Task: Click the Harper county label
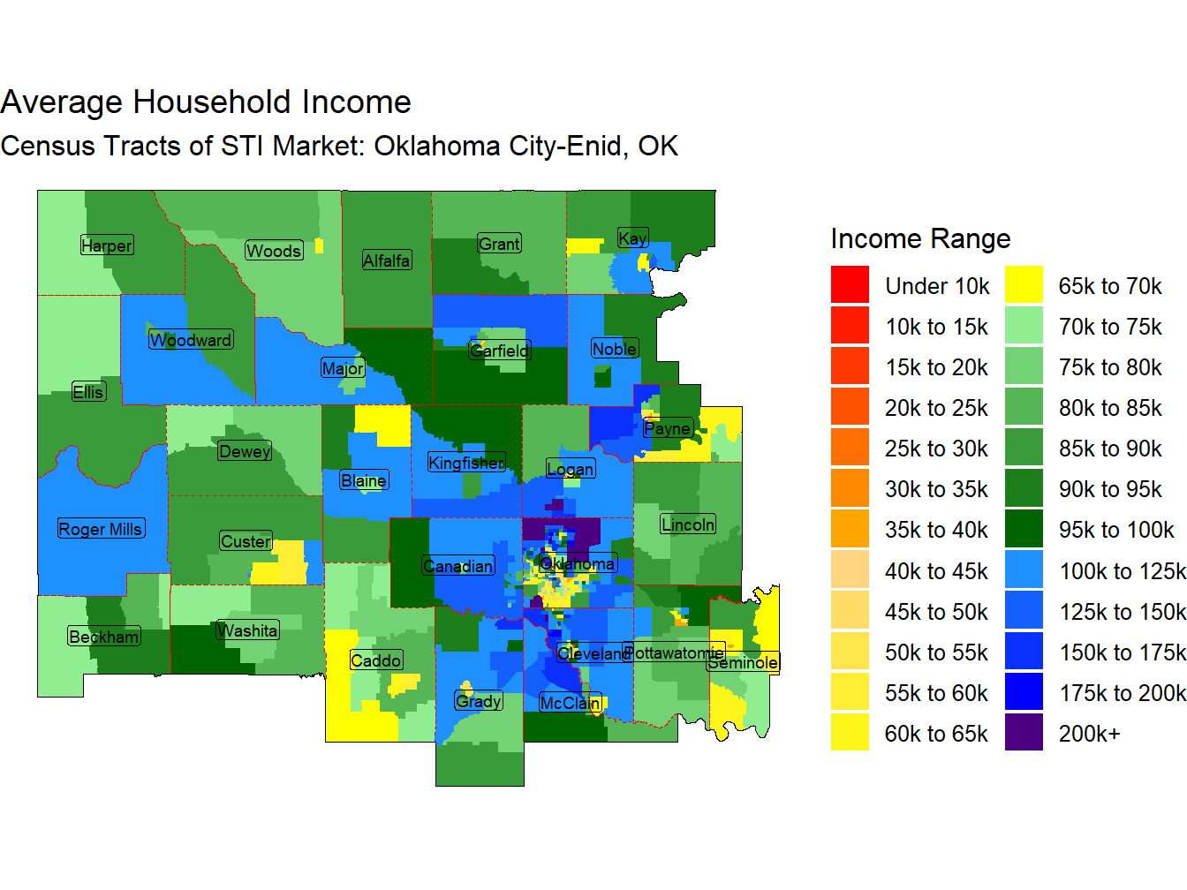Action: point(107,245)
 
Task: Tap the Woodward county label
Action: point(191,340)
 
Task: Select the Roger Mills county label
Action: point(101,529)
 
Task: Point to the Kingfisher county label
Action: point(466,463)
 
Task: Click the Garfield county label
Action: point(499,351)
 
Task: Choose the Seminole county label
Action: point(743,662)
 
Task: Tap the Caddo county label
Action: point(376,660)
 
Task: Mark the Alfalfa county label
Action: point(387,260)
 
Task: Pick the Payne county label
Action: point(667,429)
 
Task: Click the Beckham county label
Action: point(104,637)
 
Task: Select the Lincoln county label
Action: point(688,524)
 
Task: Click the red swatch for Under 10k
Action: point(850,285)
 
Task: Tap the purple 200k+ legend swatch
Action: point(1024,733)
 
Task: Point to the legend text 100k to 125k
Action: point(1122,571)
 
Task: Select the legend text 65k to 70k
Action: point(1110,286)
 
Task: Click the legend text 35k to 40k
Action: point(936,530)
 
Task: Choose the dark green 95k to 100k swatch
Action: point(1024,530)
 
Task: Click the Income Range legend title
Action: point(920,238)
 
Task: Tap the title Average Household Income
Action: point(206,102)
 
